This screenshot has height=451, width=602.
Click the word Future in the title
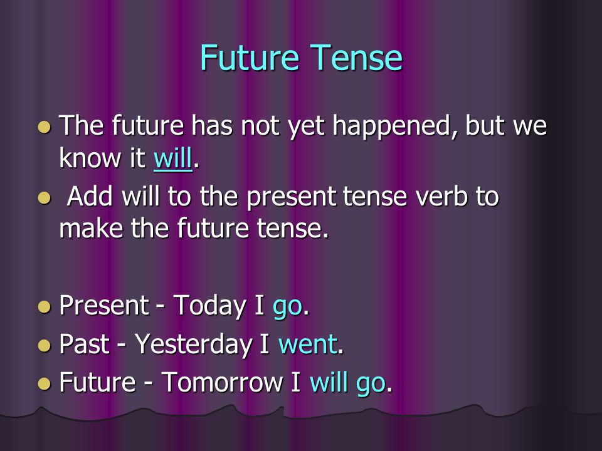click(x=249, y=58)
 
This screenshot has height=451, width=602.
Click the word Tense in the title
click(x=356, y=58)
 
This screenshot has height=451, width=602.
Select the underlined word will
click(x=173, y=158)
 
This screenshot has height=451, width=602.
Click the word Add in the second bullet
click(x=90, y=196)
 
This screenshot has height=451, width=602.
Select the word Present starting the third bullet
click(x=104, y=305)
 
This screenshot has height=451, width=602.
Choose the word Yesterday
click(x=194, y=345)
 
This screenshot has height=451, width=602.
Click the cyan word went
click(x=308, y=344)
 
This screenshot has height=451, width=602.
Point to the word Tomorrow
click(x=222, y=382)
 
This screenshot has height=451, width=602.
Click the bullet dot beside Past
click(x=45, y=346)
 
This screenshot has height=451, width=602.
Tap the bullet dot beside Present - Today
click(x=45, y=307)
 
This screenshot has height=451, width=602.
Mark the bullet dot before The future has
click(x=45, y=127)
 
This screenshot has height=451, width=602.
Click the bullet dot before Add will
click(x=45, y=198)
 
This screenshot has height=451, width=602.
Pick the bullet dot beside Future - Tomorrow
click(x=45, y=383)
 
